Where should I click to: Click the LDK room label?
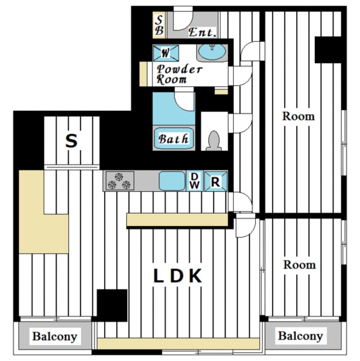point(177,276)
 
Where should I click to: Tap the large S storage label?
point(71,141)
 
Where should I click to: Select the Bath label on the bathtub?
point(174,139)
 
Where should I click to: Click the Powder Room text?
point(179,74)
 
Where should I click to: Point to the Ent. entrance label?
point(202,32)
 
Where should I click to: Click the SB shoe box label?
point(159,25)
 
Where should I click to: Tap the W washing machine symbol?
point(166,53)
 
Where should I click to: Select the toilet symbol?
point(214,140)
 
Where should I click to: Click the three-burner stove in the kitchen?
point(120,180)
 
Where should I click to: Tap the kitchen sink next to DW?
point(172,181)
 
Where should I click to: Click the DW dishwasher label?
point(195,180)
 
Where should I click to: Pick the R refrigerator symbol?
point(216,181)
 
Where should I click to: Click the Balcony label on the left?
point(55,336)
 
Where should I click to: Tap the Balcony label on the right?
point(300,336)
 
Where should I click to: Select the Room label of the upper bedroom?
point(299,116)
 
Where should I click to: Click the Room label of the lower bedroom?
point(299,265)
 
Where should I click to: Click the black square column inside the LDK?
point(112,305)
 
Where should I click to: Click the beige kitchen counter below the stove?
point(177,219)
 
